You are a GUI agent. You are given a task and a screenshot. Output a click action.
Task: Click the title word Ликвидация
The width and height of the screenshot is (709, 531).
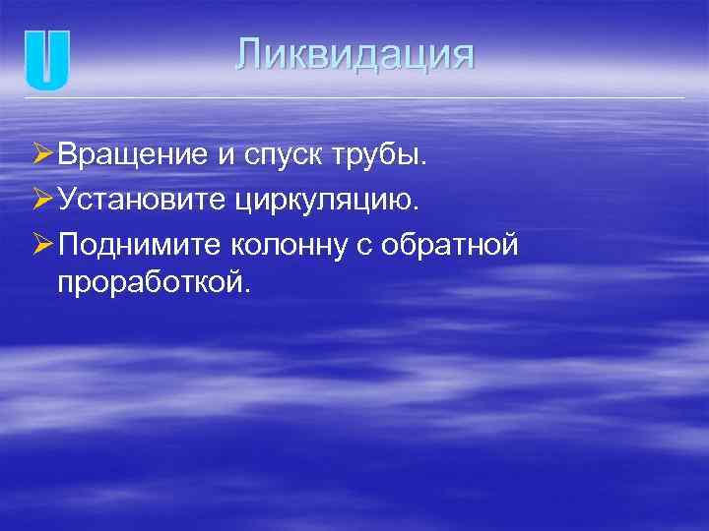pos(354,54)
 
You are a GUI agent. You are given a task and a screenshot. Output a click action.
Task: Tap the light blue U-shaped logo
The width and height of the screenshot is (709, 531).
pos(47,61)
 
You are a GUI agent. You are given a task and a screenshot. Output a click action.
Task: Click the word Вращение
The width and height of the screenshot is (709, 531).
pos(132,154)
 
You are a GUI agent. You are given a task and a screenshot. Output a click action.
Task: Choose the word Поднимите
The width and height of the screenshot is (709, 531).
pos(144,246)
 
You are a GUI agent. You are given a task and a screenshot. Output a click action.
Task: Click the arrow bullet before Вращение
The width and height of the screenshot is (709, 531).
pos(41,154)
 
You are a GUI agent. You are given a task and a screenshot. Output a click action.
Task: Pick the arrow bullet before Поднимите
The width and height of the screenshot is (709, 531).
pos(41,245)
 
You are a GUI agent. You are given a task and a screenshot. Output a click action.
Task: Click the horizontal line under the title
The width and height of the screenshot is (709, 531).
pos(354,98)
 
